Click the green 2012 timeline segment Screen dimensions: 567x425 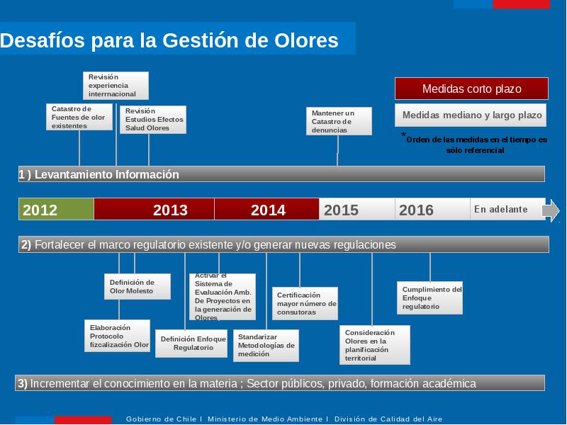pyautogui.click(x=56, y=209)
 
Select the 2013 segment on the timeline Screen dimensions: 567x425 pyautogui.click(x=154, y=209)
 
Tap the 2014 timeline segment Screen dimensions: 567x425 pyautogui.click(x=266, y=209)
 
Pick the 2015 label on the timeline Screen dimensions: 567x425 pyautogui.click(x=341, y=210)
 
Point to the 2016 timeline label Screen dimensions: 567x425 pyautogui.click(x=416, y=210)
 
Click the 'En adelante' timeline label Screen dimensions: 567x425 pyautogui.click(x=501, y=209)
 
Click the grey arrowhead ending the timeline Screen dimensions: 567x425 pyautogui.click(x=551, y=210)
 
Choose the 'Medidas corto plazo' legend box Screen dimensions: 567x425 pyautogui.click(x=471, y=89)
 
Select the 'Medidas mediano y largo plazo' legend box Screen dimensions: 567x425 pyautogui.click(x=471, y=115)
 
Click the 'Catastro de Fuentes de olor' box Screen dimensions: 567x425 pyautogui.click(x=79, y=117)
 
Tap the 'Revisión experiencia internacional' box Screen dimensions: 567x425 pyautogui.click(x=116, y=85)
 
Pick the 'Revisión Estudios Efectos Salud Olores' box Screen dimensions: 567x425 pyautogui.click(x=153, y=119)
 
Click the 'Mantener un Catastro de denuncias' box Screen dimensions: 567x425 pyautogui.click(x=339, y=121)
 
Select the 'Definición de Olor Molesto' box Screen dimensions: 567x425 pyautogui.click(x=137, y=286)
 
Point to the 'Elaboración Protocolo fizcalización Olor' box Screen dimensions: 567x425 pyautogui.click(x=117, y=336)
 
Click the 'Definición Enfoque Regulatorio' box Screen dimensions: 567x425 pyautogui.click(x=191, y=344)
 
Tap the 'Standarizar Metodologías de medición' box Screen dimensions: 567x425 pyautogui.click(x=266, y=346)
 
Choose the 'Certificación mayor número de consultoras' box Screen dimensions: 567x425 pyautogui.click(x=305, y=303)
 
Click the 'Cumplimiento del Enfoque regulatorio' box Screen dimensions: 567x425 pyautogui.click(x=430, y=297)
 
